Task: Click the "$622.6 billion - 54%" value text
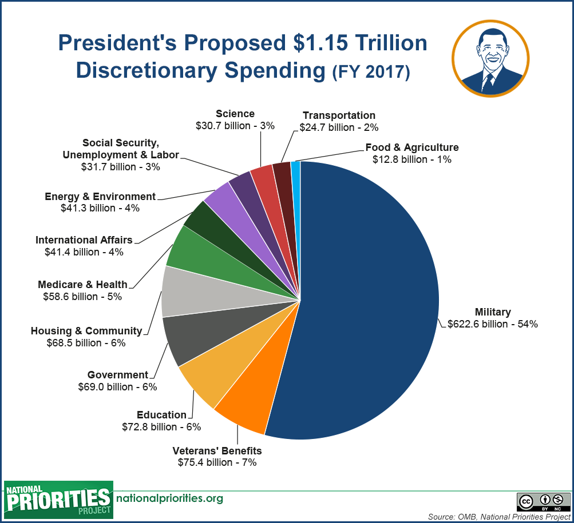(x=493, y=324)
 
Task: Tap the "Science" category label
(x=235, y=114)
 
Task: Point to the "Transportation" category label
(x=339, y=115)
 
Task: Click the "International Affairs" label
(x=84, y=239)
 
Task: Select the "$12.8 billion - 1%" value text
(x=412, y=159)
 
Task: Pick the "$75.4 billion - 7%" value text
(x=217, y=462)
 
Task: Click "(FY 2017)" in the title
(x=371, y=73)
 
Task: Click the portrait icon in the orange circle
(x=490, y=59)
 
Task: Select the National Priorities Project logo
(x=57, y=500)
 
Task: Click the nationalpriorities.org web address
(x=169, y=498)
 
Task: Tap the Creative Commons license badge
(x=543, y=501)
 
